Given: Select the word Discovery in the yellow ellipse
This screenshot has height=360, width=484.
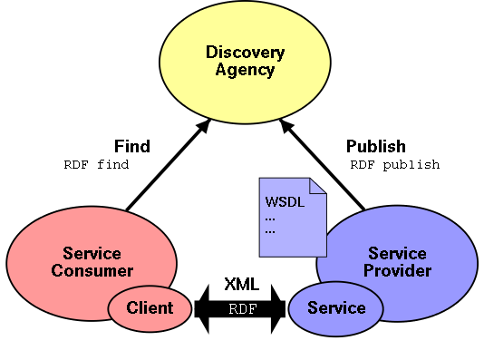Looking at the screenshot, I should (x=245, y=53).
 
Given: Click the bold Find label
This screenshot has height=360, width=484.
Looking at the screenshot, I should (x=132, y=146).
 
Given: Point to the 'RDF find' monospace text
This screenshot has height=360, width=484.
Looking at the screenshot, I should (x=96, y=165).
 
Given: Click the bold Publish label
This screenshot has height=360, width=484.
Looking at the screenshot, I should (x=376, y=146).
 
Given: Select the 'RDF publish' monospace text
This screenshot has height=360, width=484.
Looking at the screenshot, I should (x=394, y=165).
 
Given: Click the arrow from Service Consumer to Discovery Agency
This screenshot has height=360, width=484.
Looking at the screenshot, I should (x=168, y=167).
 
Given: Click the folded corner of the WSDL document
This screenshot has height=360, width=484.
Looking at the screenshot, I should (x=317, y=186).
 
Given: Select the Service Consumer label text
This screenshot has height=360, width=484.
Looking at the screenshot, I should (x=92, y=261).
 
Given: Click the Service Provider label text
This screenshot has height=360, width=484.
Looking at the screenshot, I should (x=399, y=261).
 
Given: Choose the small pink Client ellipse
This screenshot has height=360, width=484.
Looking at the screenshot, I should (x=150, y=308).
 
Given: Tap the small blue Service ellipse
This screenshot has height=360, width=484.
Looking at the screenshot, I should (x=336, y=308).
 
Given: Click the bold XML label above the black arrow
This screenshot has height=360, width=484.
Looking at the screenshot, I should (x=241, y=285).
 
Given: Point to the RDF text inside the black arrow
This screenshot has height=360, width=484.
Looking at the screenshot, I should (x=242, y=308).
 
